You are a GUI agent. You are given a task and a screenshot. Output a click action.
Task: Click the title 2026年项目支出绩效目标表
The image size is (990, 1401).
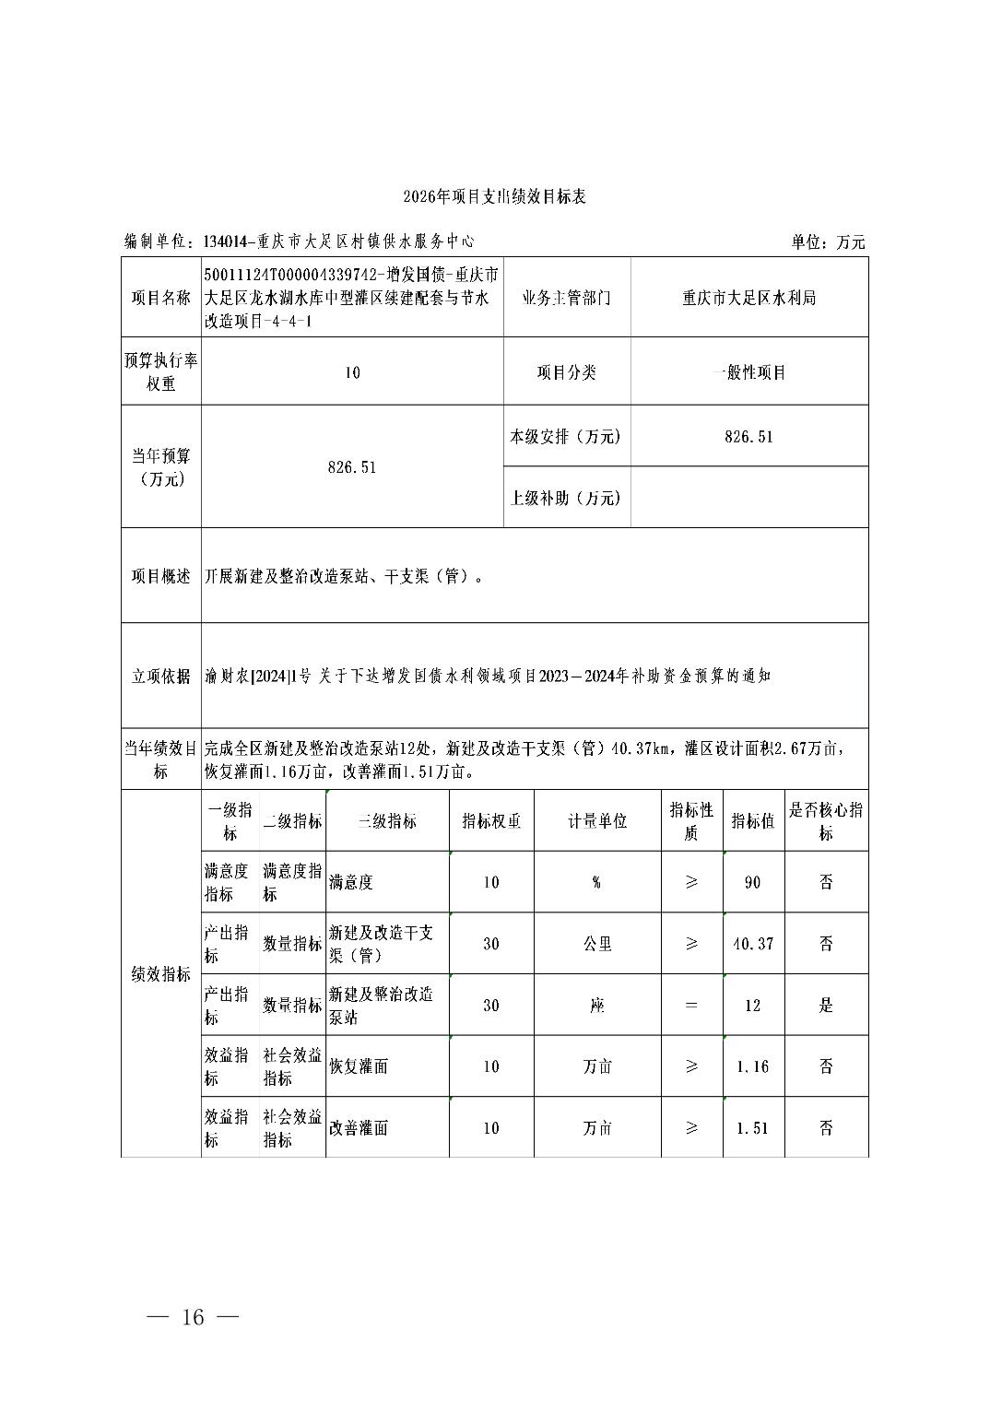[494, 197]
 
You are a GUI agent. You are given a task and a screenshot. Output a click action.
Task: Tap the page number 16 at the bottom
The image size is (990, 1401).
[193, 1316]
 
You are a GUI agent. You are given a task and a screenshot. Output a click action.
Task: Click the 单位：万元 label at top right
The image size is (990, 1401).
[827, 242]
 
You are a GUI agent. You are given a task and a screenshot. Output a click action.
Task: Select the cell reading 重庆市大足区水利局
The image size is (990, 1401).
[748, 298]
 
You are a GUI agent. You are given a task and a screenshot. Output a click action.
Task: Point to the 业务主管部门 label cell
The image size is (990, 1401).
[566, 298]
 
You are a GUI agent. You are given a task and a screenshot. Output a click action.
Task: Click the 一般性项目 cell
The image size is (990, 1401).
[748, 372]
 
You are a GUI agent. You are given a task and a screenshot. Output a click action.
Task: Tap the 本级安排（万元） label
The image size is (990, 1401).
[566, 437]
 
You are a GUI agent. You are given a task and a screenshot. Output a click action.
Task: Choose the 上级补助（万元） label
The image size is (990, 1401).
[566, 498]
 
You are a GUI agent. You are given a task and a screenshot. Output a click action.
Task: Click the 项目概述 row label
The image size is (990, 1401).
[161, 576]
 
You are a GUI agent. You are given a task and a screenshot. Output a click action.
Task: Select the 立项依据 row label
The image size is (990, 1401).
[161, 676]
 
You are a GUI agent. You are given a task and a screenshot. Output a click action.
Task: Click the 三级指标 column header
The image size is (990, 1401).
[386, 821]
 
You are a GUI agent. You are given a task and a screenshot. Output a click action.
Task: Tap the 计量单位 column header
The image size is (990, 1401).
[596, 821]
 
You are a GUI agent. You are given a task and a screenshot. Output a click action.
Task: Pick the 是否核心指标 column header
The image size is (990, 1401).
[825, 821]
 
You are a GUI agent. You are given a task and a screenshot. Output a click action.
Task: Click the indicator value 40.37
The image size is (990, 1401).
[752, 944]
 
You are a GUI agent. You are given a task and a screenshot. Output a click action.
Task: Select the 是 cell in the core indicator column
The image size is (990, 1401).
[825, 1006]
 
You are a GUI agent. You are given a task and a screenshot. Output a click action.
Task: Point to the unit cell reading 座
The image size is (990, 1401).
[596, 1006]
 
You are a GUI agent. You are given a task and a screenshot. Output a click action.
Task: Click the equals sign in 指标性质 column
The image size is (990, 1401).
[691, 1006]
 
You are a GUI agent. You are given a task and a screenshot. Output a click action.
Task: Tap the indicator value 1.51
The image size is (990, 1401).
[752, 1128]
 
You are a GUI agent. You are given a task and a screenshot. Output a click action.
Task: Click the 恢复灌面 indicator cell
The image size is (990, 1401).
[359, 1066]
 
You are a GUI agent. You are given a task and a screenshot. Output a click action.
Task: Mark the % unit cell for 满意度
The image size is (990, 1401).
[596, 882]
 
